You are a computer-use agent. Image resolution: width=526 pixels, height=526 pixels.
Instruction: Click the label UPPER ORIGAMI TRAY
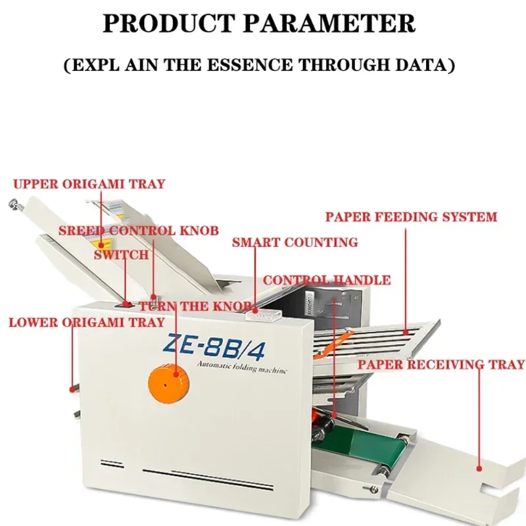pos(89,184)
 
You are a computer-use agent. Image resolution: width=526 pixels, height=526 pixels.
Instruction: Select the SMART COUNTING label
pos(295,242)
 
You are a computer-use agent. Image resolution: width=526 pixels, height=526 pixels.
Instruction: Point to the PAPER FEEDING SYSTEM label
pos(411,216)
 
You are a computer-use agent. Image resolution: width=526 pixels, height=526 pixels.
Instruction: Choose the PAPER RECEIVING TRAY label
pos(441,364)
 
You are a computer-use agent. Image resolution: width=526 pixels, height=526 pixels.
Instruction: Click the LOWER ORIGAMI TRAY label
pos(86,322)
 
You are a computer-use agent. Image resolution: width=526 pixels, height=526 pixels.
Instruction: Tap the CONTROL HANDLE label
pos(327,280)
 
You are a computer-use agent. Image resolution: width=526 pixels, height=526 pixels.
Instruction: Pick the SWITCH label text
pos(121,254)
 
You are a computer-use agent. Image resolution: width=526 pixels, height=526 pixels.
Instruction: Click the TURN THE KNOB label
pos(195,306)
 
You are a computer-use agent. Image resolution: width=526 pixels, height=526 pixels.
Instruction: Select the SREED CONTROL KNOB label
pos(138,231)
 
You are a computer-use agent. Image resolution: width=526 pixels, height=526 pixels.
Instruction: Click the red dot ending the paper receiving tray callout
pos(480,469)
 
